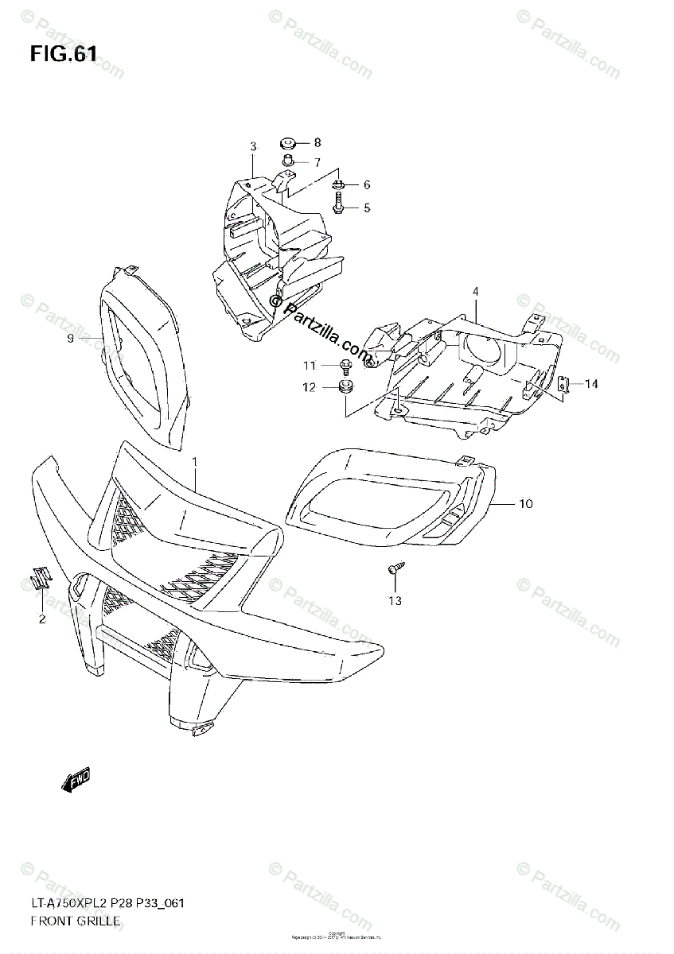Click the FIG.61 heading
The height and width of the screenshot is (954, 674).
[64, 55]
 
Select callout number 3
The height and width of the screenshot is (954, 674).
[253, 146]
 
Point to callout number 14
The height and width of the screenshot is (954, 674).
[590, 384]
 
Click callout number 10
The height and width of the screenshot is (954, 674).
[526, 504]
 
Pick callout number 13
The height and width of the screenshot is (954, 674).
[395, 600]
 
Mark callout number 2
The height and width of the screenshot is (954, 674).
[42, 619]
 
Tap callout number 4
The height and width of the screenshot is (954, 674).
[475, 293]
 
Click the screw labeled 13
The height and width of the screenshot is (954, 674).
[395, 568]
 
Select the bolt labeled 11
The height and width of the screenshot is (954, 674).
[347, 366]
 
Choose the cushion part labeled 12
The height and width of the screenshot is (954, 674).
[346, 388]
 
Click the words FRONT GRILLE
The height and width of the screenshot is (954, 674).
[76, 921]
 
